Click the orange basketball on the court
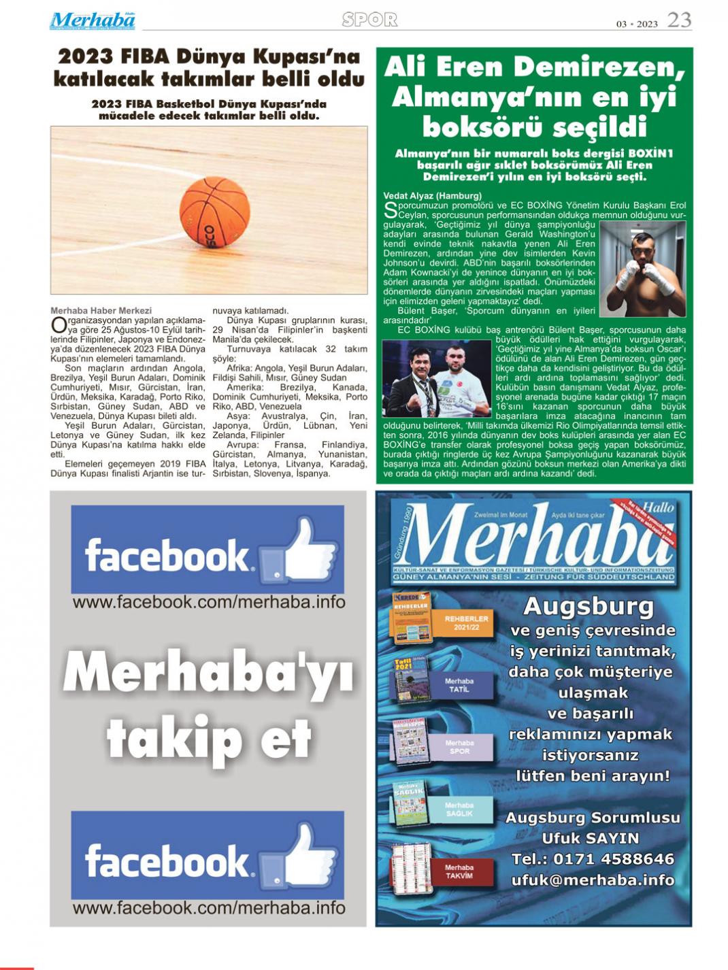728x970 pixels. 214,212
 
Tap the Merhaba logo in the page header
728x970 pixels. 93,20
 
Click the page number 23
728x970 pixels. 678,20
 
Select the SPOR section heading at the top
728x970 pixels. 369,20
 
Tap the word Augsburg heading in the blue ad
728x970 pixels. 589,605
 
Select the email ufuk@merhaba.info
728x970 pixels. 593,880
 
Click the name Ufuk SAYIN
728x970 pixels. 590,838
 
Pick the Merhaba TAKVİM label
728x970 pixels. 459,871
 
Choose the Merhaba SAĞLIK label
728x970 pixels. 459,809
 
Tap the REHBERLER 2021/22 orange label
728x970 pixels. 467,622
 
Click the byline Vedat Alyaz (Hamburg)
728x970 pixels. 432,196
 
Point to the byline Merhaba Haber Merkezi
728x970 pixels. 101,311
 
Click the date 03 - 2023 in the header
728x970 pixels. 637,24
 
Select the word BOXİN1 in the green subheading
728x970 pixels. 650,154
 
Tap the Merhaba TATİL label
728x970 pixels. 459,685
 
